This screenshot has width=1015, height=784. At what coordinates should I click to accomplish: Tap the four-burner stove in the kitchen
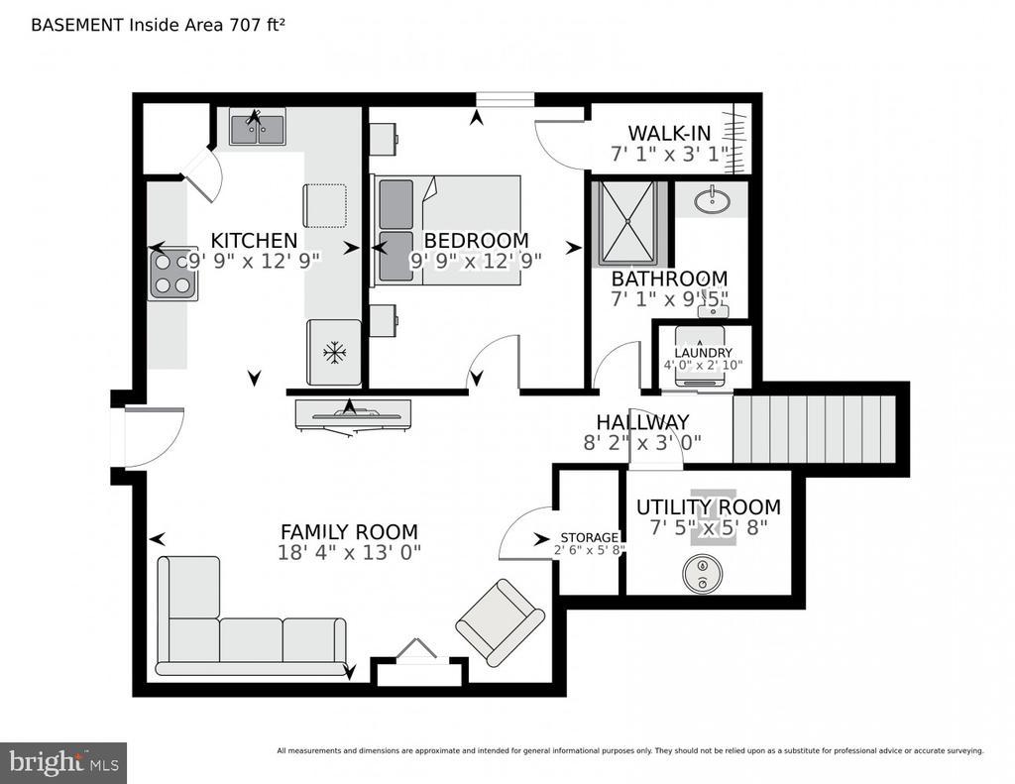(173, 275)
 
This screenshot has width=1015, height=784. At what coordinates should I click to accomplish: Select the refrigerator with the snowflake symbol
(334, 352)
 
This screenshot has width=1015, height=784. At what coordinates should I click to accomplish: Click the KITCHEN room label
(254, 241)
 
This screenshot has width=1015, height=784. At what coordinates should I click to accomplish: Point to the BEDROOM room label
(476, 241)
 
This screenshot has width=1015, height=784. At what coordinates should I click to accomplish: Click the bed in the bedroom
(447, 230)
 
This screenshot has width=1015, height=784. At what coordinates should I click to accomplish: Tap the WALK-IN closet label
(669, 134)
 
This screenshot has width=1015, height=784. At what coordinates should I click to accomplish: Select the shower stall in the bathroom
(627, 223)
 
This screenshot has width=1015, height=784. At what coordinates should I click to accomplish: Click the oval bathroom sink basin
(712, 199)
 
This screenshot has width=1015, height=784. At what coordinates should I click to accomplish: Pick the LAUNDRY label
(703, 353)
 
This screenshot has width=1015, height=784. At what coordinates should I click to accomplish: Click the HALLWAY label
(642, 422)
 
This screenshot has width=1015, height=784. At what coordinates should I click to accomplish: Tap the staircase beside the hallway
(814, 429)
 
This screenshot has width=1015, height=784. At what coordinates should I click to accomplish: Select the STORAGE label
(589, 538)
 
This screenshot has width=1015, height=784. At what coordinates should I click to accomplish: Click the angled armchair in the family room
(501, 622)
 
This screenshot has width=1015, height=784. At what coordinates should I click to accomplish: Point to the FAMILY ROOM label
(349, 532)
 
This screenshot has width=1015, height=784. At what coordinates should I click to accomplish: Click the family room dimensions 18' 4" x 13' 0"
(349, 553)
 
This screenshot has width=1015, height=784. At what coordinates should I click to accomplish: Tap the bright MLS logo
(63, 762)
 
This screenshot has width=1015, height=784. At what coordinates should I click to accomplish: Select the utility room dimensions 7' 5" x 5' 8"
(709, 527)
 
